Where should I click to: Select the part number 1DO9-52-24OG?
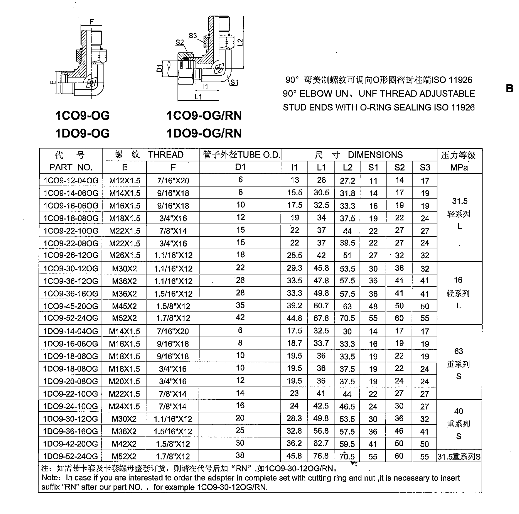pos(70,456)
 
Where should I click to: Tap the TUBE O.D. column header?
pos(240,155)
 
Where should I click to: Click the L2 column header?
pos(347,167)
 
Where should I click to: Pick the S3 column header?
pos(425,167)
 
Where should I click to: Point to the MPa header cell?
pos(459,167)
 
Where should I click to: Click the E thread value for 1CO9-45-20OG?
pos(124,306)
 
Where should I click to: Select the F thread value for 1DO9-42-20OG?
pos(173,444)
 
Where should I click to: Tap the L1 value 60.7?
pos(321,306)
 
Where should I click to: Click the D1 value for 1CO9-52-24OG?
pos(240,317)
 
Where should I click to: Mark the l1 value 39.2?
pos(294,306)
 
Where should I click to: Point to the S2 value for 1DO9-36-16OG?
pos(399,431)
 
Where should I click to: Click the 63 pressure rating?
pos(459,351)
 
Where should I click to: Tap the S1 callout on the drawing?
pos(234,82)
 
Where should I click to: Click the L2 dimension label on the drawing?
pos(240,42)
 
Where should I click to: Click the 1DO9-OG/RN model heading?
pos(204,133)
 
